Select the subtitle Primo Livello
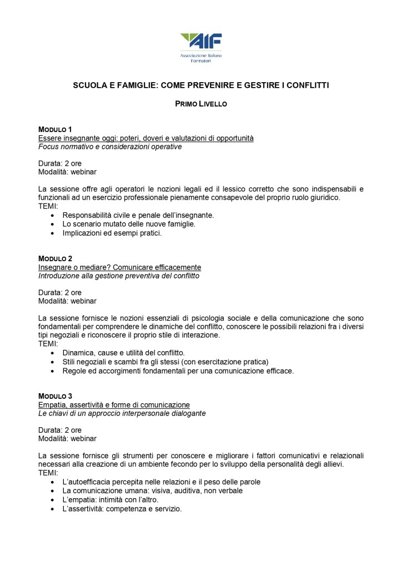click(201, 103)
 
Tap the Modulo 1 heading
click(55, 129)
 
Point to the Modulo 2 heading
click(55, 258)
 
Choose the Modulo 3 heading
click(55, 396)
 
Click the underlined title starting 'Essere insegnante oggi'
click(145, 138)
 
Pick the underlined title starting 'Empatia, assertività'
click(114, 404)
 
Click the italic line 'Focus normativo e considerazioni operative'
click(110, 147)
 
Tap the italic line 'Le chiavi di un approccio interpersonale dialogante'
click(122, 413)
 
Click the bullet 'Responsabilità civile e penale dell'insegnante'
click(138, 215)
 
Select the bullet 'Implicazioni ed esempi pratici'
click(112, 233)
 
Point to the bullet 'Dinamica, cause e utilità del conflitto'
click(123, 353)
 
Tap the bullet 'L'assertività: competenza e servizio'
click(122, 508)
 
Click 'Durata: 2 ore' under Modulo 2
click(60, 292)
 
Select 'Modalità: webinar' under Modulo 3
click(67, 439)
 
